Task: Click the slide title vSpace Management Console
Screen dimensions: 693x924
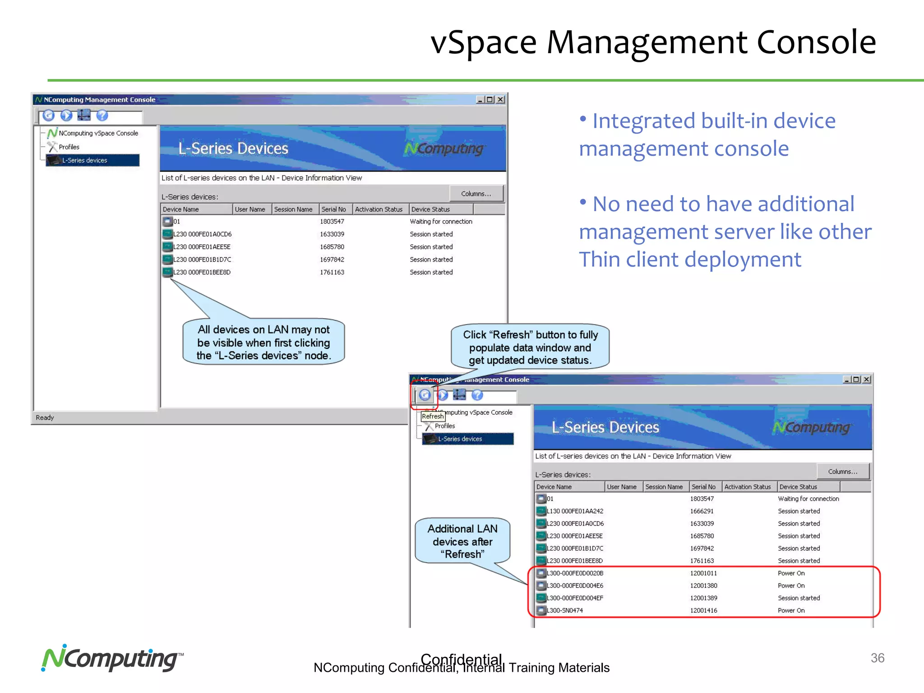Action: [x=652, y=42]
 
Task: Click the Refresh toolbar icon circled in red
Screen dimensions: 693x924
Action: [x=425, y=395]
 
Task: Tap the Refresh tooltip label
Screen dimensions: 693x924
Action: [x=433, y=416]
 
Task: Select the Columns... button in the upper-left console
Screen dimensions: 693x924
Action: [x=476, y=194]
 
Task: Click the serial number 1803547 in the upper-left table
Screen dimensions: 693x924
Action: [x=332, y=222]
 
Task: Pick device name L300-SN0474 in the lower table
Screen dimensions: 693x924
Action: [x=564, y=610]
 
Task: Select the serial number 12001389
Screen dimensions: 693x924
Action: [x=703, y=598]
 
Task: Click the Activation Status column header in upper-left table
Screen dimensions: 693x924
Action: [x=379, y=209]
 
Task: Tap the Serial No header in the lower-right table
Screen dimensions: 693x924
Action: [x=703, y=487]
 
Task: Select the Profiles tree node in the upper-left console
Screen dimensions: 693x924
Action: [x=69, y=147]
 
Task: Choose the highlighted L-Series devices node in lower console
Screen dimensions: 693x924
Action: [x=460, y=439]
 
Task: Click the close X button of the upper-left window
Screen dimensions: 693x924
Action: [x=500, y=100]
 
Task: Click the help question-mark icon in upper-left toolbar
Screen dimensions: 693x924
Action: [x=102, y=115]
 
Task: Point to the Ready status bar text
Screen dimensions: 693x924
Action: [x=45, y=418]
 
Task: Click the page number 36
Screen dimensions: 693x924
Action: [x=877, y=658]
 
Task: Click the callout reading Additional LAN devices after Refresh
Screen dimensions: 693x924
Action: [x=462, y=541]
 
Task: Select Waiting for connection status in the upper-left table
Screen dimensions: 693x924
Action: [x=441, y=222]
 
